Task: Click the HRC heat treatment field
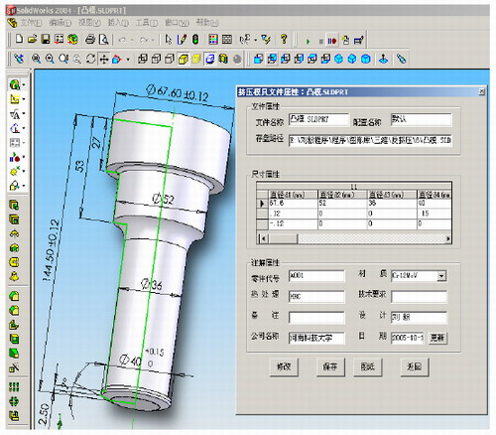point(314,295)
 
